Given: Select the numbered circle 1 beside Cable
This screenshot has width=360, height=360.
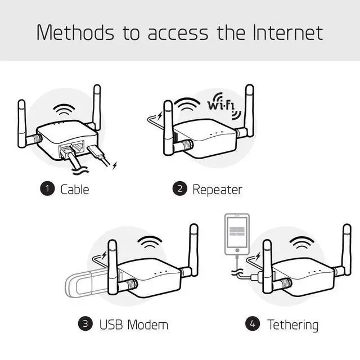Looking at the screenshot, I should (x=47, y=189).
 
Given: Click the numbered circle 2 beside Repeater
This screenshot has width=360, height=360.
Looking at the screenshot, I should (x=180, y=189).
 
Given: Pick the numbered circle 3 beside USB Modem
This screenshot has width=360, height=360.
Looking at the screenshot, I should (x=85, y=323).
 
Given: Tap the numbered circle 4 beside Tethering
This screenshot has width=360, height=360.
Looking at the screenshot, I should (x=253, y=323).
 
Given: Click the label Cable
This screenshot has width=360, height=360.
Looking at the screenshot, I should (x=75, y=189).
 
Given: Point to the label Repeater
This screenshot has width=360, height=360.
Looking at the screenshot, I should (x=217, y=189).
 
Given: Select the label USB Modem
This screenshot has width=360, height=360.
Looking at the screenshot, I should (x=133, y=323).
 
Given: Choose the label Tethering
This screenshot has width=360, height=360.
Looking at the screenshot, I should (x=292, y=323).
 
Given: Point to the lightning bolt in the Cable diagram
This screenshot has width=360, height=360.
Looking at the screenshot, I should (x=115, y=165).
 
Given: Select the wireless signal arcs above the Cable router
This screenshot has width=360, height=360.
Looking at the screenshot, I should (x=64, y=110).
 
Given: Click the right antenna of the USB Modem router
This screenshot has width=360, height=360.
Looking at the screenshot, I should (x=193, y=247).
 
